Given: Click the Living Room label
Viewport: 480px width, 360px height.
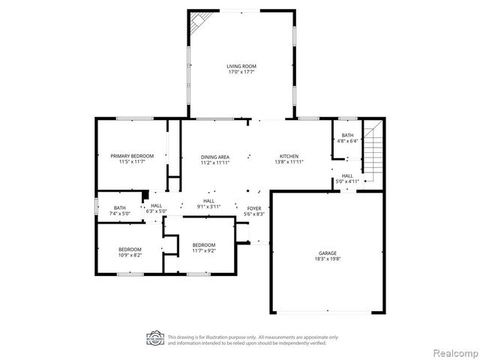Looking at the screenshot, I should click(241, 67).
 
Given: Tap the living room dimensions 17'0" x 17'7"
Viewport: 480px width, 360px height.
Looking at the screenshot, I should click(241, 73).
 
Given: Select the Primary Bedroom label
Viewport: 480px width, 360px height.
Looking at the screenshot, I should click(132, 156).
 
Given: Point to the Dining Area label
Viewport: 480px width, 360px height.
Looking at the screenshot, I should click(214, 156).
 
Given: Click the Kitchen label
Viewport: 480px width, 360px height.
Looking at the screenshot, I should click(289, 156).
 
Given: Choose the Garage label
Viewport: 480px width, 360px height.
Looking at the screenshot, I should click(326, 253).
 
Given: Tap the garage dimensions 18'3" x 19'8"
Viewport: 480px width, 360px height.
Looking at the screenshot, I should click(326, 259).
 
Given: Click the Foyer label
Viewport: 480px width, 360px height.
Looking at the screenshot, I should click(254, 208).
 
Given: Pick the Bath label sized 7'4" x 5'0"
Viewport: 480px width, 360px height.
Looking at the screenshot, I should click(120, 208).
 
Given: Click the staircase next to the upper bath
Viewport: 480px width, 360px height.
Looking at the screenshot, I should click(373, 149).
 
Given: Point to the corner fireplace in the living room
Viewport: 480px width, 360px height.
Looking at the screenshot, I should click(197, 22).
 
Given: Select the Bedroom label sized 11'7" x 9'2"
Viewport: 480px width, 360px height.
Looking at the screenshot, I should click(204, 245).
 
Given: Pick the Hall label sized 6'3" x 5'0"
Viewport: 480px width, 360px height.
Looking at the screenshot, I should click(156, 206).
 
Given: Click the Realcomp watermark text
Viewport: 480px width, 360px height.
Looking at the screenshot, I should click(453, 352).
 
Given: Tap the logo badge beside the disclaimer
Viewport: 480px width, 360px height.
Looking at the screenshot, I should click(154, 338).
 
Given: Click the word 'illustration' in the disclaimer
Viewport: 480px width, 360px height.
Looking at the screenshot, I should click(219, 337).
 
